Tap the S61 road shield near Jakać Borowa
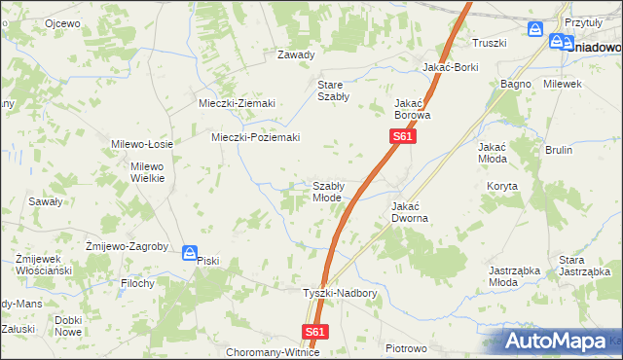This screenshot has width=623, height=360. (405, 138)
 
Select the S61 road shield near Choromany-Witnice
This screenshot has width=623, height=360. (314, 332)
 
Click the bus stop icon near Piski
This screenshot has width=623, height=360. (190, 252)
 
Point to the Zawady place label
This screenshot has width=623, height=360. (297, 54)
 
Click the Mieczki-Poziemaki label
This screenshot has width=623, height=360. (256, 137)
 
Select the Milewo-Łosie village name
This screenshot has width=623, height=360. (142, 144)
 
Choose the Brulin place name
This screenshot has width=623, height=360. (559, 150)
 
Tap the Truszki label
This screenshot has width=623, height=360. (490, 43)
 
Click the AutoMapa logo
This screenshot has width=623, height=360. (562, 342)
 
